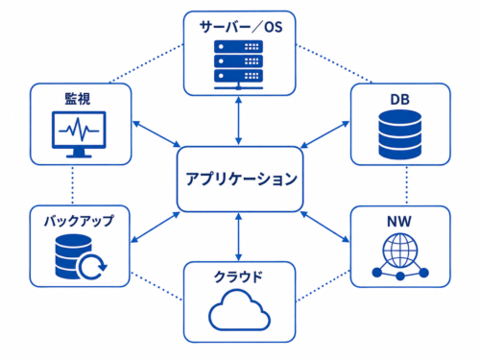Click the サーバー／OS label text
pos(241,27)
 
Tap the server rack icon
pos(238,64)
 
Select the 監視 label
pos(78,99)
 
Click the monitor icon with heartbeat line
pos(79,134)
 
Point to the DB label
pos(400,100)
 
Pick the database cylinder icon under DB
pos(400,134)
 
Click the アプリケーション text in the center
pos(242,179)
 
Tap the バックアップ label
pos(79,221)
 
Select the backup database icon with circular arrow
pos(81,257)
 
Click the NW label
pos(399,222)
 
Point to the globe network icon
pos(400,256)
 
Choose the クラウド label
pos(238,276)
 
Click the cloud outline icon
pos(239,310)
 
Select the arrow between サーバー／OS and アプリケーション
pos(238,121)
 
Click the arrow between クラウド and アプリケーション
pos(238,237)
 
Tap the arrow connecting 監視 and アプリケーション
pos(156,134)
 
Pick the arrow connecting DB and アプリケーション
pos(325,134)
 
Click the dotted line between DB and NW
pos(407,185)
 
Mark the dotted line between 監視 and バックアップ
pos(73,185)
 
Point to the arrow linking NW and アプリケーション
pos(325,227)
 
